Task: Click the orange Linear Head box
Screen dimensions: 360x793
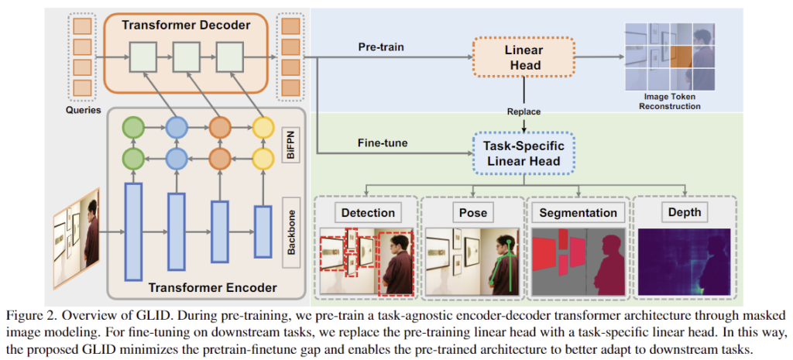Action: (x=523, y=57)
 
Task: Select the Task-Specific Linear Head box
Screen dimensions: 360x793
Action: (x=523, y=153)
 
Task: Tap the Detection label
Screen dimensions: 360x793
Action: (x=366, y=212)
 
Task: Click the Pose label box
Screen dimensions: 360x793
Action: (x=472, y=212)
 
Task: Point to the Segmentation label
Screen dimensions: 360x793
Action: (x=578, y=212)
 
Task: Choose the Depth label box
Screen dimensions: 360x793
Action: (x=685, y=212)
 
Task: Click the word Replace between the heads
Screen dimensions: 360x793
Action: (x=523, y=111)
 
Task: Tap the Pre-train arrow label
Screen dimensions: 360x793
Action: (x=381, y=46)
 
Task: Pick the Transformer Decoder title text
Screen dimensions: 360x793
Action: (x=186, y=26)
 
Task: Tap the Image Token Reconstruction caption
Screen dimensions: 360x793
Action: (x=670, y=101)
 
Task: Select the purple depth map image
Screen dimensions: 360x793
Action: (x=685, y=262)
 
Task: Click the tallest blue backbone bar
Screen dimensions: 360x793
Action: (x=134, y=231)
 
